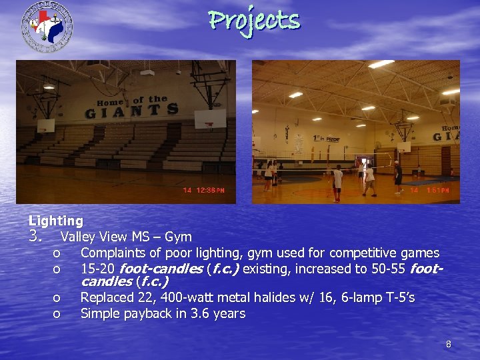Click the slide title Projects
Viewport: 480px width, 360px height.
(x=254, y=21)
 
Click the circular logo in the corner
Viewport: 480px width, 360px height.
(x=47, y=26)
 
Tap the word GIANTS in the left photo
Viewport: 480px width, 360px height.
(x=131, y=111)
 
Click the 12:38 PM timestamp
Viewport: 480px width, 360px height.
(x=203, y=191)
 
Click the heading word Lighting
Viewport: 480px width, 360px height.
(x=56, y=220)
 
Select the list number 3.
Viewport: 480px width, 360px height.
(x=36, y=236)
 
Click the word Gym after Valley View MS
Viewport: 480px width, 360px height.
(x=178, y=236)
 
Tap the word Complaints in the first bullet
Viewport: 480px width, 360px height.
(x=111, y=253)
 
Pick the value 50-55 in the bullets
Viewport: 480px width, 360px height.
(x=388, y=269)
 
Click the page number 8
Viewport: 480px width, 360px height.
(x=448, y=345)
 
